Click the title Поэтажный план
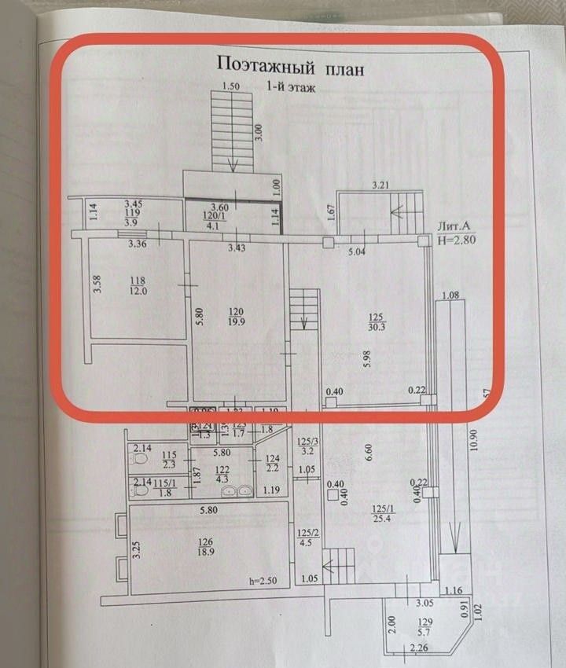tap(291, 68)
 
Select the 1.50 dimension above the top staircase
tap(230, 86)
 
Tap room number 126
tap(206, 541)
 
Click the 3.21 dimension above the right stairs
tap(382, 185)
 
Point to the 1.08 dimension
tap(450, 296)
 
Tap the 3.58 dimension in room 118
tap(97, 281)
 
